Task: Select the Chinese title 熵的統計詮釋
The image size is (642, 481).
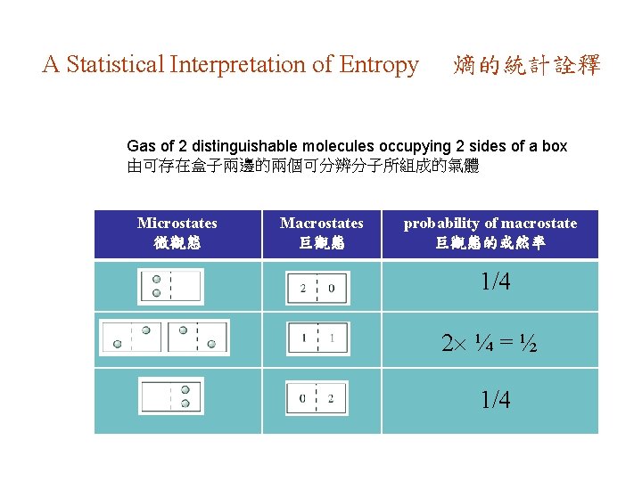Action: coord(526,65)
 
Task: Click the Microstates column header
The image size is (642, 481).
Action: coord(177,223)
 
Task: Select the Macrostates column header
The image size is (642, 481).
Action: coord(321,223)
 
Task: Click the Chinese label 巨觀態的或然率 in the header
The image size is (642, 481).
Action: coord(490,241)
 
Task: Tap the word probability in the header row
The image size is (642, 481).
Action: coord(443,223)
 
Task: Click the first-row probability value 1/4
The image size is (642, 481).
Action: coord(496,283)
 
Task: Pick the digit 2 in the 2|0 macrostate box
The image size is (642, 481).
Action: coord(303,288)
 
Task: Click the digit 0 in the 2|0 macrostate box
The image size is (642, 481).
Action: coord(332,288)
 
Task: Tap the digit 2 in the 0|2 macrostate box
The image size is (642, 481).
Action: coord(332,398)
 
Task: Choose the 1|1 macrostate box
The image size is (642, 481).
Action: coord(317,338)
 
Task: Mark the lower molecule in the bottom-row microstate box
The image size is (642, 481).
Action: coord(185,403)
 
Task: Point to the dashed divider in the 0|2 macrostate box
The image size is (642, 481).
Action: coord(317,398)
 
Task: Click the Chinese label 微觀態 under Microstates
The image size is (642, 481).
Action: coord(177,241)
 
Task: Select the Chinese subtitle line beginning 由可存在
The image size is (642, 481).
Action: coord(303,166)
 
